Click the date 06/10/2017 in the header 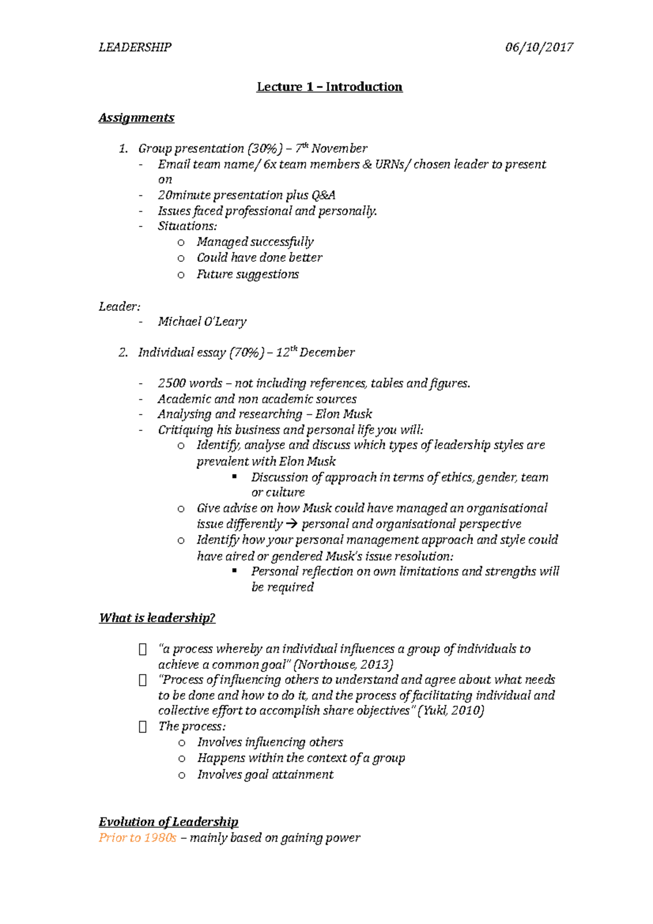pos(539,47)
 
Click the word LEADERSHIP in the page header pos(135,47)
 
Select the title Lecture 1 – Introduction pos(329,87)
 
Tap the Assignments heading pos(136,118)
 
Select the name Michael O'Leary pos(202,322)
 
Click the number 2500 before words pos(171,384)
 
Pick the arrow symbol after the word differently pos(292,524)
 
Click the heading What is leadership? pos(157,618)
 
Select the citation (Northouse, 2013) pos(343,665)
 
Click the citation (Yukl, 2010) pos(451,711)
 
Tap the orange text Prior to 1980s pos(137,838)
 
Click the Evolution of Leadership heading pos(168,822)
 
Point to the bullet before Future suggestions pos(181,275)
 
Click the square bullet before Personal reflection pos(235,571)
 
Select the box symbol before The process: pos(143,727)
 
